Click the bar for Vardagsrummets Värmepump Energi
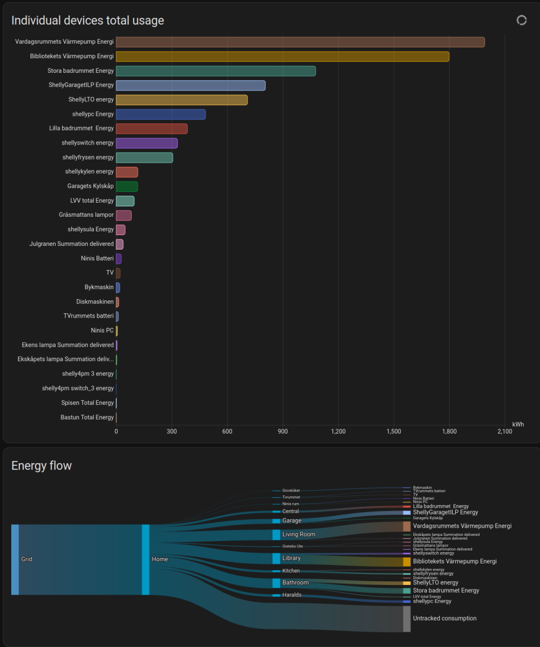300,42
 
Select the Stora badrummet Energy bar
216,71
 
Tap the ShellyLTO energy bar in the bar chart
181,100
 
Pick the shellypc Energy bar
161,114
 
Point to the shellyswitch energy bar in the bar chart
147,143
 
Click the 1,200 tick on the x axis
338,431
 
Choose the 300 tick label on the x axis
172,431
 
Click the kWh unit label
518,424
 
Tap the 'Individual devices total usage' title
88,20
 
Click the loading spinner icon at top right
521,20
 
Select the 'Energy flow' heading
42,465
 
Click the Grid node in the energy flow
15,559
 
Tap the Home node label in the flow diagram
160,559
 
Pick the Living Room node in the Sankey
276,534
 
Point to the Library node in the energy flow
276,558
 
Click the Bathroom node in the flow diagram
276,583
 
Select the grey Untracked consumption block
407,618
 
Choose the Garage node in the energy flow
276,521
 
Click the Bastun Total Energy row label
87,417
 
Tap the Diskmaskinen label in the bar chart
95,302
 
